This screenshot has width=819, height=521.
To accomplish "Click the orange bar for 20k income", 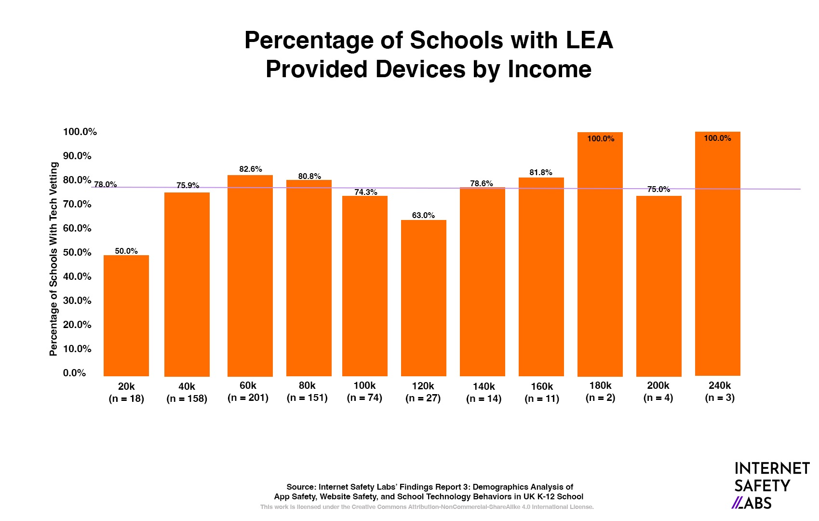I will tap(126, 315).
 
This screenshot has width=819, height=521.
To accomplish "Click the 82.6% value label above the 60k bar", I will tap(251, 169).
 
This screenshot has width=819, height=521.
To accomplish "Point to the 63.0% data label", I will tap(423, 215).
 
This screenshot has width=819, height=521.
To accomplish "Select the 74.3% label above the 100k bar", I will tap(366, 192).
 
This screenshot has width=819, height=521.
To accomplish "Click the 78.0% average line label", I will tap(105, 184).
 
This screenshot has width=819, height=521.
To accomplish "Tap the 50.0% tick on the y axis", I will tap(77, 252).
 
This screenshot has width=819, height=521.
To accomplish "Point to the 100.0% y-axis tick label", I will tap(80, 132).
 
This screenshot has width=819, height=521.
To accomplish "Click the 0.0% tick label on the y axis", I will tap(74, 373).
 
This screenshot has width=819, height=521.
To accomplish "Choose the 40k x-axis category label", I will tap(187, 386).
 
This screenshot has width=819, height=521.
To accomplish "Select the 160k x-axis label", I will tap(542, 386).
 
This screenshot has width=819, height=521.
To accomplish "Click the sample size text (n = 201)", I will tap(248, 398).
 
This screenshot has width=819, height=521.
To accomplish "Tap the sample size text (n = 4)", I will tap(658, 398).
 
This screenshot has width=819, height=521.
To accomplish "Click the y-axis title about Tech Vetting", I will tap(54, 259).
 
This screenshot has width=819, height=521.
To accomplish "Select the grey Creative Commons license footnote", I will tap(427, 507).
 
